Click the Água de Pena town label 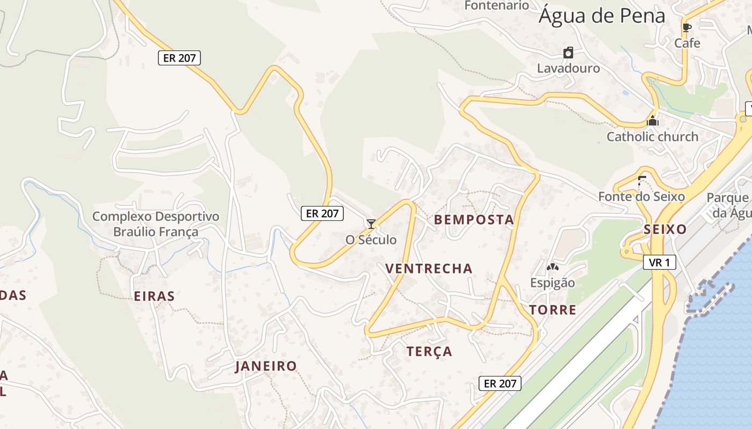(602, 16)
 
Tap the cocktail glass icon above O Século (371, 224)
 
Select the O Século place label (371, 240)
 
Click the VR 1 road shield (659, 262)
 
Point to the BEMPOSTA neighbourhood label (474, 220)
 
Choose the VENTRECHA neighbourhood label (429, 269)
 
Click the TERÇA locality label (429, 352)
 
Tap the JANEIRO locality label (266, 366)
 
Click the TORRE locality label (552, 310)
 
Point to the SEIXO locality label (665, 230)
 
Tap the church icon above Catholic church (653, 121)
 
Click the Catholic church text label (652, 137)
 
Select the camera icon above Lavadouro (568, 53)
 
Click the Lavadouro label (568, 69)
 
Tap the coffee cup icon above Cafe (686, 27)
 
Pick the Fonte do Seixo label (641, 197)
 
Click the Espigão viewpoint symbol (552, 267)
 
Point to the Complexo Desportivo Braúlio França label (156, 224)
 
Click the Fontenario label (496, 5)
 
